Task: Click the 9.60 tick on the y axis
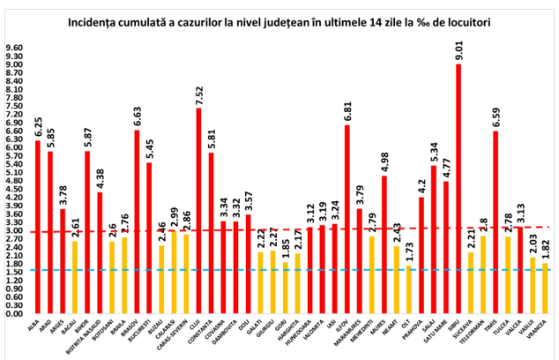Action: (16, 48)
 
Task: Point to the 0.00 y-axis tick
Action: (16, 313)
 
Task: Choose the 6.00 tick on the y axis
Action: (16, 147)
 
